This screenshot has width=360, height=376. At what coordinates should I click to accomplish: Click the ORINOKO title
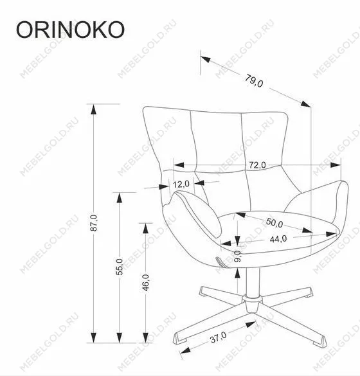pos(70,30)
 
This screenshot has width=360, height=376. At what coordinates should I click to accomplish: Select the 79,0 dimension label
pos(254,81)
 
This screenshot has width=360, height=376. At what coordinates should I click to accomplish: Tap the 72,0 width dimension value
pos(257,165)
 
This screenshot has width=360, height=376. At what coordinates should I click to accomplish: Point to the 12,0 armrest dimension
pos(181,184)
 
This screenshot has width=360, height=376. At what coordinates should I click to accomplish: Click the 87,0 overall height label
pos(94,223)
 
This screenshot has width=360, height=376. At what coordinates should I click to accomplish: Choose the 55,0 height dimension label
pos(120,267)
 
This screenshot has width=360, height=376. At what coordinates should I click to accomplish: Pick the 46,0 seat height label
pos(145,282)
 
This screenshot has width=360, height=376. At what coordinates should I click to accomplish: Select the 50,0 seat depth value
pos(274,222)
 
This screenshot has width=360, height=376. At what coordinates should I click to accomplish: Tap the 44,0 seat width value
pos(278,239)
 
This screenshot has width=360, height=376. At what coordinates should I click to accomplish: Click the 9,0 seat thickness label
pos(237,256)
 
